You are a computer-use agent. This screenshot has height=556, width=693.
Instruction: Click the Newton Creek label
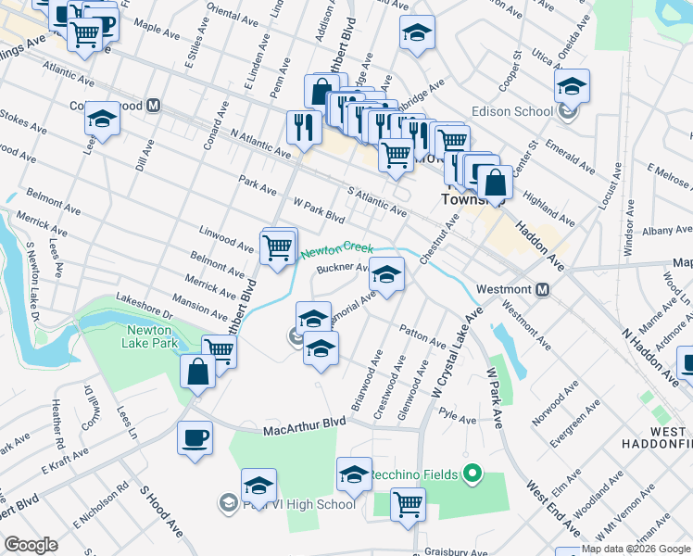[334, 249]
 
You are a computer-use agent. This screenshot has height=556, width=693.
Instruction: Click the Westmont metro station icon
[543, 289]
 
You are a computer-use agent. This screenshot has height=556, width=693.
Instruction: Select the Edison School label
[512, 112]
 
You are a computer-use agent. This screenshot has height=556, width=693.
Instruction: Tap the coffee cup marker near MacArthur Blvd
[195, 437]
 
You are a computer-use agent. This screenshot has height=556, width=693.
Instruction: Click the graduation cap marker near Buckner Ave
[387, 273]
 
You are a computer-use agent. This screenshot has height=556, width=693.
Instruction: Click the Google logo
[30, 545]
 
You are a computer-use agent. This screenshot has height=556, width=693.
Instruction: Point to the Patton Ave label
[422, 335]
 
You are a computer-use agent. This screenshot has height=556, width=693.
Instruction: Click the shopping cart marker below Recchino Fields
[408, 505]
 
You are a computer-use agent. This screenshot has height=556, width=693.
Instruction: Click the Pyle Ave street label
[458, 418]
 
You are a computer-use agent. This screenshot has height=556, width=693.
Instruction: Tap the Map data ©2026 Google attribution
[636, 549]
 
